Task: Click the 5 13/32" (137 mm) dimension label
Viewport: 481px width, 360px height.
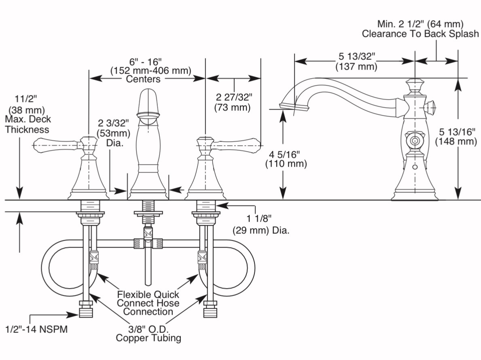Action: point(356,61)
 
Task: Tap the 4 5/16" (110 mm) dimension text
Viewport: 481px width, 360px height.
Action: point(286,159)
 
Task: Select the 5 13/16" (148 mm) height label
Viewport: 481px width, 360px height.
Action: point(456,136)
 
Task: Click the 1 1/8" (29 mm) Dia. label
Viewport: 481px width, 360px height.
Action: point(261,224)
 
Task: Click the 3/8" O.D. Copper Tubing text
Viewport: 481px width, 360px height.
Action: point(148,332)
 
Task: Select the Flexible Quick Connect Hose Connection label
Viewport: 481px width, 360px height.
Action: point(148,303)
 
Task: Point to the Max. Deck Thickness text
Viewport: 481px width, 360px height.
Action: point(27,125)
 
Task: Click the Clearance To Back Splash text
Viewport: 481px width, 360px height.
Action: point(420,34)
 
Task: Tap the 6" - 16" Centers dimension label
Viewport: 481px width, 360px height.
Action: point(150,70)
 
